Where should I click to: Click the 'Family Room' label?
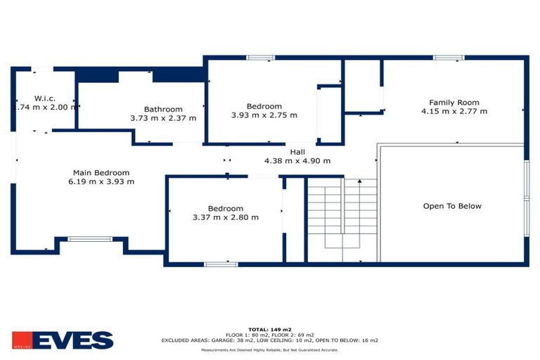(x=454, y=102)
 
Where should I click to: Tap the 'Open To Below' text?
(x=452, y=206)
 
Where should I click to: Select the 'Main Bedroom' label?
(x=101, y=172)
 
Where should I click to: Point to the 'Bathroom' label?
(x=163, y=109)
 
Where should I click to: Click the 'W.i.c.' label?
(x=45, y=98)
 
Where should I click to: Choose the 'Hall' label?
(x=297, y=151)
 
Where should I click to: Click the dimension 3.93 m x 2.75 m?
(x=264, y=115)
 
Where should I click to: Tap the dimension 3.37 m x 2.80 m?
(x=226, y=217)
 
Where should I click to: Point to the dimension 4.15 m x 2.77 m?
(x=454, y=111)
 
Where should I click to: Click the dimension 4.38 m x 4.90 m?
(x=297, y=160)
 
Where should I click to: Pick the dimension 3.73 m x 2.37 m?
(x=163, y=118)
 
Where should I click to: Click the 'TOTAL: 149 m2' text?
(x=270, y=328)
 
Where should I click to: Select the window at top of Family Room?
(x=448, y=58)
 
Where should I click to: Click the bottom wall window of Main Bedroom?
(x=89, y=239)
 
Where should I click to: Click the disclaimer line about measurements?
(x=270, y=349)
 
